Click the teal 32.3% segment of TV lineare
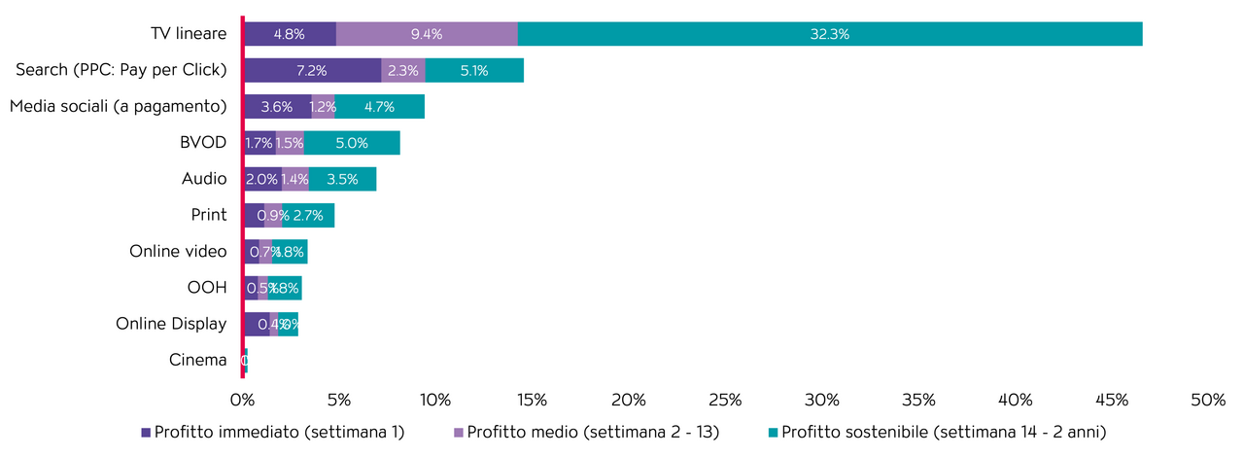(830, 34)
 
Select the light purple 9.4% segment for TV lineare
(427, 34)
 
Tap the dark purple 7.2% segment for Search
(312, 70)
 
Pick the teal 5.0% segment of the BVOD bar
(352, 143)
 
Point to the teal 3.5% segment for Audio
(342, 179)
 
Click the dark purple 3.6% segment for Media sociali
(277, 107)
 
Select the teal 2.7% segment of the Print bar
(308, 215)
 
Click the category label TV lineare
(189, 34)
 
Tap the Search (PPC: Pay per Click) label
(121, 70)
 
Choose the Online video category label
(178, 252)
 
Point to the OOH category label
(206, 288)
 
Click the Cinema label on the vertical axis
(197, 361)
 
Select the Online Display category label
(171, 324)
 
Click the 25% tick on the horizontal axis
(725, 401)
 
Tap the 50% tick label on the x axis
(1208, 401)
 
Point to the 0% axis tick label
(242, 401)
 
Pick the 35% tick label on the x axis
(918, 401)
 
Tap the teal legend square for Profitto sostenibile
(774, 432)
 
